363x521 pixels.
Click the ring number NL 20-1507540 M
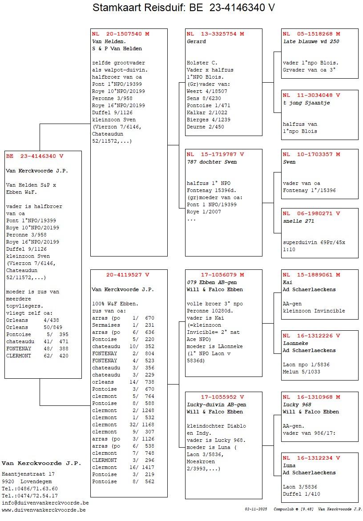[x=121, y=34]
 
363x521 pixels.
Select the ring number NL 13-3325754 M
[x=215, y=34]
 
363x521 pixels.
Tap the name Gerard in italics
[x=196, y=41]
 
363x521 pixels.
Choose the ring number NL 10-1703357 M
[x=311, y=154]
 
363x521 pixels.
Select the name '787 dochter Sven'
[x=212, y=162]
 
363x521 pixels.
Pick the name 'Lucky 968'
[x=297, y=405]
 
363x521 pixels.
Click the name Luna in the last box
[x=289, y=465]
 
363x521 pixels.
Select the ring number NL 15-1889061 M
[x=311, y=275]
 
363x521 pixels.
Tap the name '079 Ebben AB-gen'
[x=212, y=282]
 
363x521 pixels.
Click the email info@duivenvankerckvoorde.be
[x=45, y=503]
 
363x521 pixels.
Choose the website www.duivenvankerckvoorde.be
[x=44, y=510]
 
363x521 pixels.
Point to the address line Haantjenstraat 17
[x=28, y=474]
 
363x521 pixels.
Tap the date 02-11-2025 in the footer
[x=256, y=509]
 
